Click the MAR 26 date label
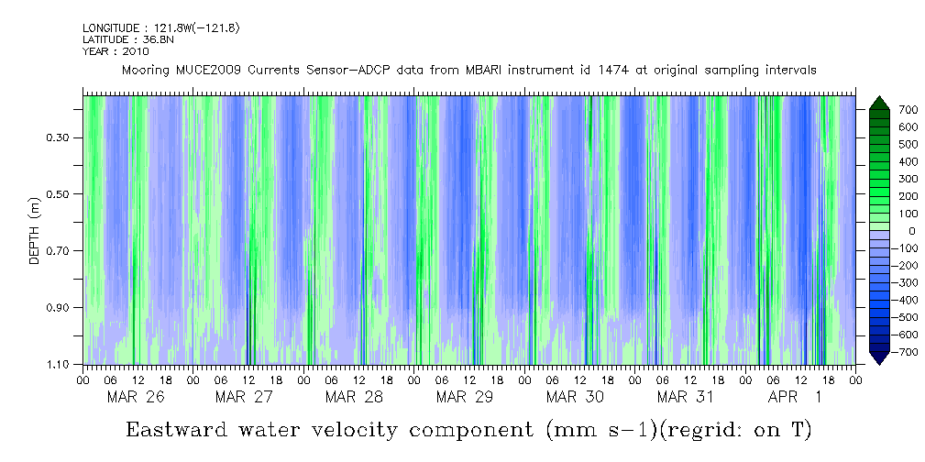[136, 398]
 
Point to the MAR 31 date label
[685, 398]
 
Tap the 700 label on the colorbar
[883, 110]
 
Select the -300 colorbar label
[881, 283]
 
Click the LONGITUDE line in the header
[160, 28]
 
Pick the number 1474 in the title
[602, 70]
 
